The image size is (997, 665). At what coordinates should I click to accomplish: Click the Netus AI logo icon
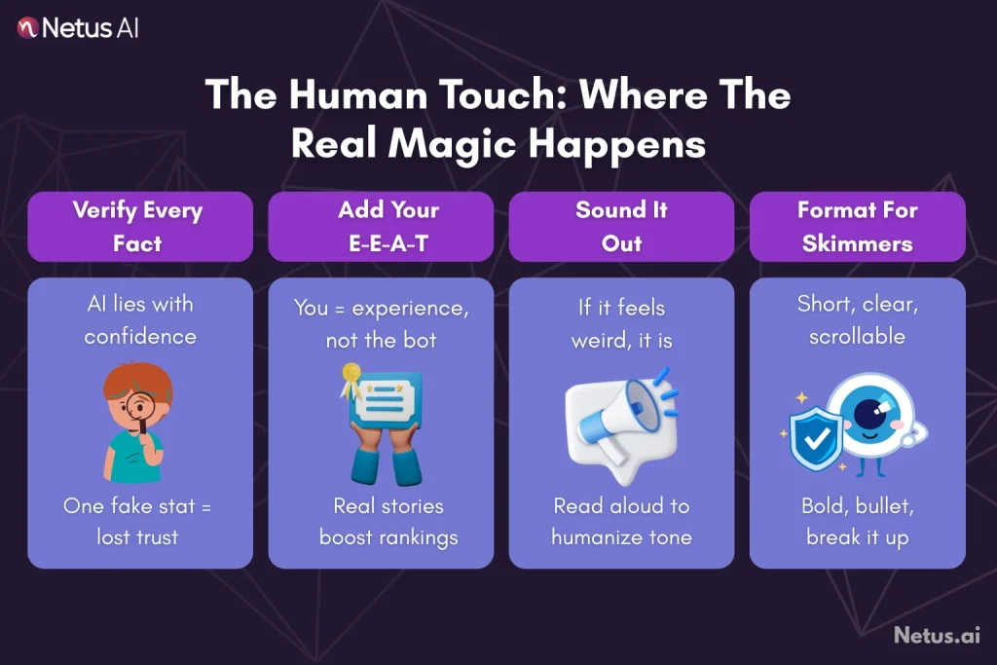[x=27, y=27]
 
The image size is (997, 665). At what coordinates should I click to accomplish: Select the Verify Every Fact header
[x=138, y=227]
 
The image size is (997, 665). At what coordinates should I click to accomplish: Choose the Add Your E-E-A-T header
[x=388, y=227]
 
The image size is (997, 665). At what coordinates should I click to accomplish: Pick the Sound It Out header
[x=621, y=227]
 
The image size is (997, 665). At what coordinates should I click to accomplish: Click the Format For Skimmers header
[x=857, y=227]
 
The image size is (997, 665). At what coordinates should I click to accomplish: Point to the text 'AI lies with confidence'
[x=139, y=320]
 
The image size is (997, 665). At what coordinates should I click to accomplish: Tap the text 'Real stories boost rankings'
[x=388, y=522]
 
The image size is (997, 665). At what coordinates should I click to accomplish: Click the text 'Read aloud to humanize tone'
[x=621, y=522]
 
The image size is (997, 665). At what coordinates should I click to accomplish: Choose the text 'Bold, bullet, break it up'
[x=857, y=522]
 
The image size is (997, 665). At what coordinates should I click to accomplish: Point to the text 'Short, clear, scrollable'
[x=857, y=320]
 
